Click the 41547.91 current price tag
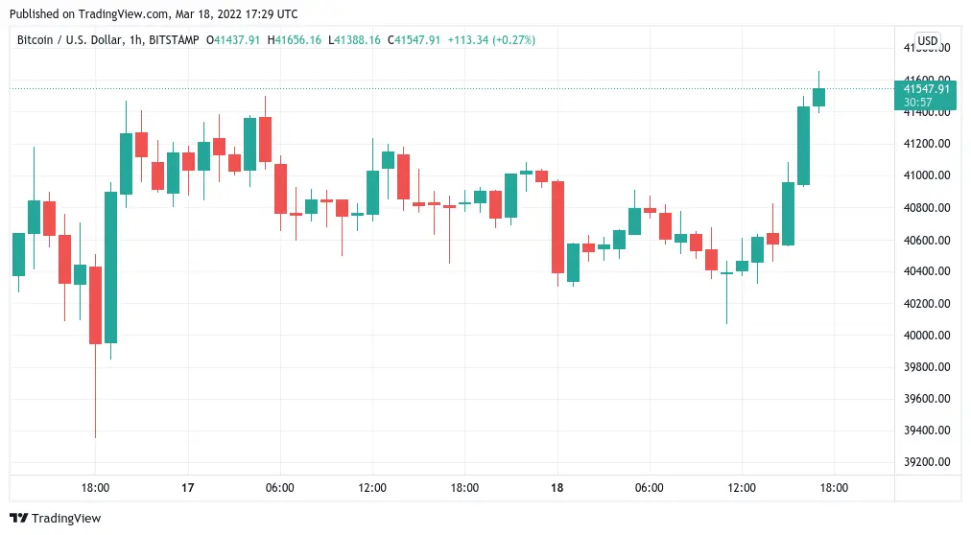pos(927,88)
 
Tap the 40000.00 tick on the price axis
pos(927,335)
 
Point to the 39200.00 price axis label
pos(927,462)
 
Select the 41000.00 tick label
pos(927,175)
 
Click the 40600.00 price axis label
pos(927,240)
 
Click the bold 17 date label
pos(188,488)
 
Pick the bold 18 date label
pos(557,488)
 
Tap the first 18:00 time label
pos(96,488)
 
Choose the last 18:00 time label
pos(833,488)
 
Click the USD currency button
pos(927,40)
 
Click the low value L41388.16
pos(354,40)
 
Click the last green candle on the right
pos(818,97)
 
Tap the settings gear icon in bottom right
pos(927,488)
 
